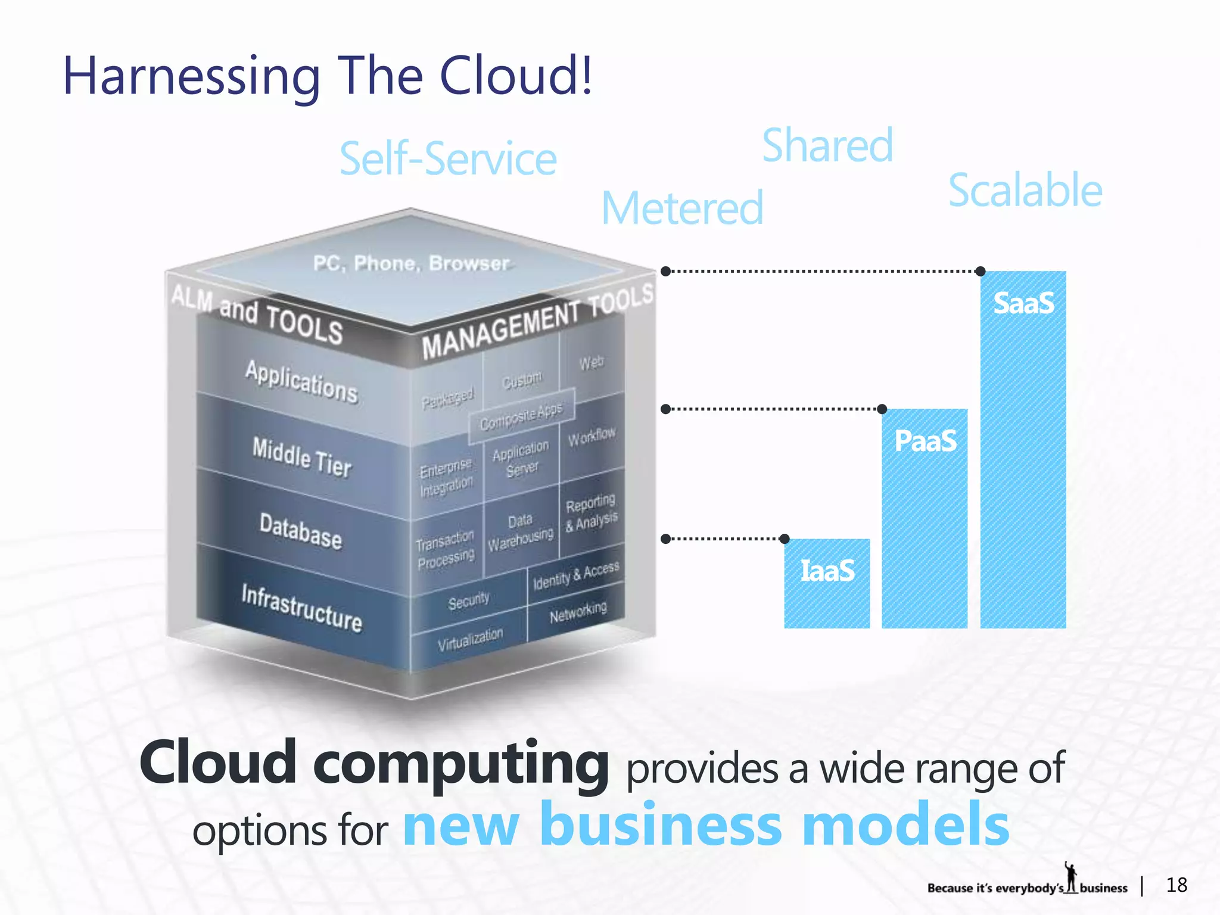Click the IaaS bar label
(x=827, y=570)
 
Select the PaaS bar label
(x=925, y=441)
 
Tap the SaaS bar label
(x=1023, y=303)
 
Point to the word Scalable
(x=1025, y=190)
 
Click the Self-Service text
(x=448, y=159)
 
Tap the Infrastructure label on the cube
(x=302, y=607)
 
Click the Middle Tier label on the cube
(x=302, y=457)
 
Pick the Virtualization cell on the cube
(x=470, y=639)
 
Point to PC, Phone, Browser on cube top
(x=411, y=263)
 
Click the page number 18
(x=1177, y=885)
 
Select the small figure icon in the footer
(x=1071, y=877)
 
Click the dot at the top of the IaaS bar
(x=785, y=539)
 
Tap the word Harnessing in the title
(x=192, y=76)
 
